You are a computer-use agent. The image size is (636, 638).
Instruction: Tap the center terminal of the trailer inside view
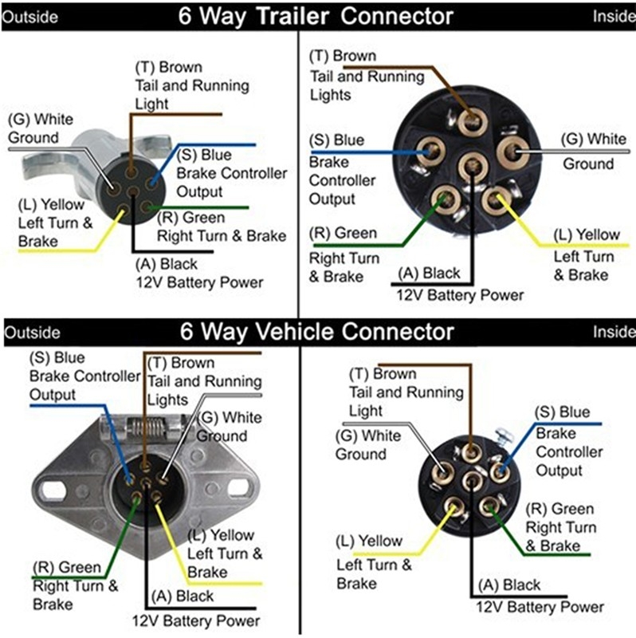pyautogui.click(x=472, y=167)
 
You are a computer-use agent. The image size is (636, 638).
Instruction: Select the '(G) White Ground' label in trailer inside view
pyautogui.click(x=594, y=152)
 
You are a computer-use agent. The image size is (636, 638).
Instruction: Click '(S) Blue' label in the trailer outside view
pyautogui.click(x=205, y=155)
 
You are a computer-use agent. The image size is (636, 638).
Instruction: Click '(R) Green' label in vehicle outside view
pyautogui.click(x=67, y=568)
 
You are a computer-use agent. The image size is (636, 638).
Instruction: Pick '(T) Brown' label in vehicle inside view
pyautogui.click(x=383, y=374)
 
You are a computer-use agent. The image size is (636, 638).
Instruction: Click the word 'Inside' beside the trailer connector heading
pyautogui.click(x=614, y=15)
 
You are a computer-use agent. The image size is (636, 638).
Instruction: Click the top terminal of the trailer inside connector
pyautogui.click(x=473, y=120)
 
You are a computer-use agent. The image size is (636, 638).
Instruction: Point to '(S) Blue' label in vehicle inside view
pyautogui.click(x=563, y=412)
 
